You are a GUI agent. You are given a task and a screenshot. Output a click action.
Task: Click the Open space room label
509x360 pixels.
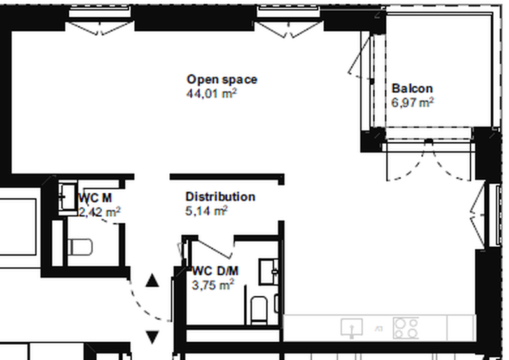pyautogui.click(x=221, y=80)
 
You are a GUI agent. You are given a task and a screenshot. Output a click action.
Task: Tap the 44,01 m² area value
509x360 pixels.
pyautogui.click(x=212, y=94)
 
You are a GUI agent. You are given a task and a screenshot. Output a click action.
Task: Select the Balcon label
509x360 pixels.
pyautogui.click(x=412, y=88)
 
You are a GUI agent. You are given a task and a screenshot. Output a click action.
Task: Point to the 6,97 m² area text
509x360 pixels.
pyautogui.click(x=413, y=102)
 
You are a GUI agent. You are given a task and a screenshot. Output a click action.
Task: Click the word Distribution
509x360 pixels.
pyautogui.click(x=220, y=197)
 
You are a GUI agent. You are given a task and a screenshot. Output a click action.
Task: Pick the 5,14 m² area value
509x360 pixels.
pyautogui.click(x=206, y=211)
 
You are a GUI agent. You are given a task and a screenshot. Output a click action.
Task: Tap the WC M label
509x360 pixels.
pyautogui.click(x=96, y=198)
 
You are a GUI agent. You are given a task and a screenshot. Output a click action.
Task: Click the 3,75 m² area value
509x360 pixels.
pyautogui.click(x=213, y=286)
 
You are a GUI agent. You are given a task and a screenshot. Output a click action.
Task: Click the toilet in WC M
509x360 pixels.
pyautogui.click(x=80, y=246)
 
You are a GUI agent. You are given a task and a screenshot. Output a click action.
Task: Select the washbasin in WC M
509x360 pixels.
pyautogui.click(x=67, y=196)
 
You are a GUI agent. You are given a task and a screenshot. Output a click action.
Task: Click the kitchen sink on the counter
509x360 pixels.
pyautogui.click(x=351, y=328)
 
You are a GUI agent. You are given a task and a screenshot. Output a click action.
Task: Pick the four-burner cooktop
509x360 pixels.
pyautogui.click(x=405, y=328)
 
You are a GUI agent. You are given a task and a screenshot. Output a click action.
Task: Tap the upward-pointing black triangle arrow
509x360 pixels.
pyautogui.click(x=152, y=280)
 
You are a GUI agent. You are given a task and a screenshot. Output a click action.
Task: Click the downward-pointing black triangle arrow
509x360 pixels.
pyautogui.click(x=153, y=336)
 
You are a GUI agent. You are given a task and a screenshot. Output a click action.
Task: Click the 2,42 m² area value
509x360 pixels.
pyautogui.click(x=101, y=212)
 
